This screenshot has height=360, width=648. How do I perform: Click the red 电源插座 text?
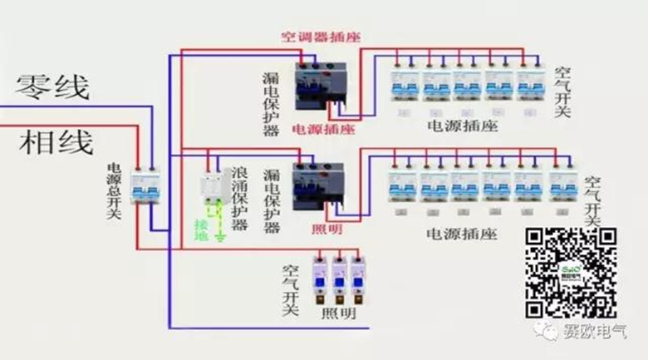click(x=323, y=131)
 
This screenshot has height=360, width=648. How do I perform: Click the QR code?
click(x=572, y=271)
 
